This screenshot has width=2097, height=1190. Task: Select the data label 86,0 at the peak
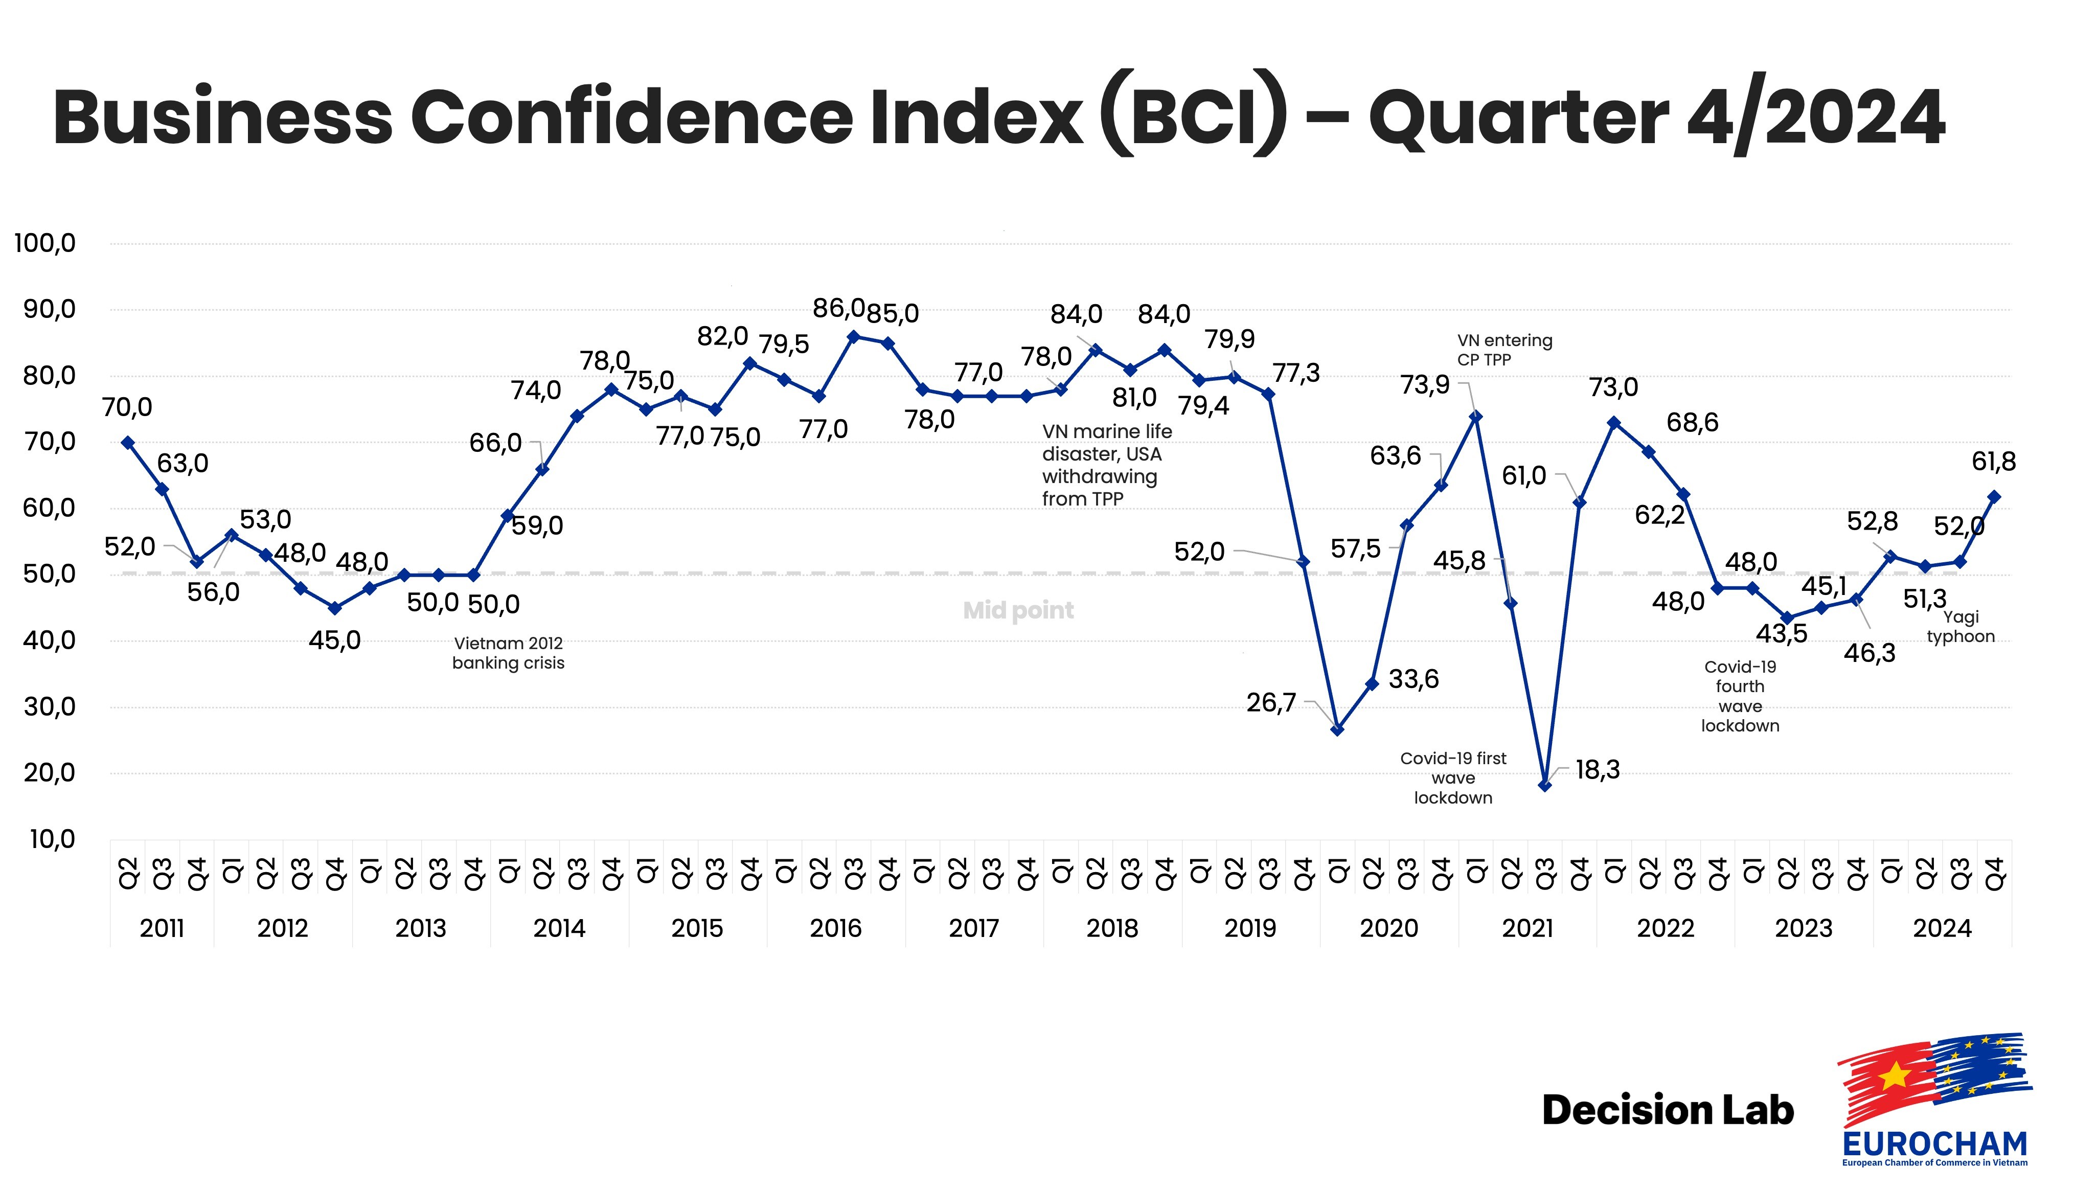(838, 308)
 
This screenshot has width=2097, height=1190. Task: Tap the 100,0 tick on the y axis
(45, 243)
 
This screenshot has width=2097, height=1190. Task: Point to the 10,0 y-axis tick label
(52, 839)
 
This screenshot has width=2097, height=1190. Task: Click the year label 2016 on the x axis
(835, 928)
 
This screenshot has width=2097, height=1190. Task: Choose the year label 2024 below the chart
(1942, 928)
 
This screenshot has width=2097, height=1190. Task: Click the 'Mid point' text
(1018, 610)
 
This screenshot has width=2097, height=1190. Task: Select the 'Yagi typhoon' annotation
(1961, 627)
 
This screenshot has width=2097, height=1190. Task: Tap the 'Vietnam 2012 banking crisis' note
(508, 653)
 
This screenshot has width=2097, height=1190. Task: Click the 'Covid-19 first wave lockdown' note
(1453, 778)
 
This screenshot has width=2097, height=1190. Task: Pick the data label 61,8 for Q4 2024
(1993, 462)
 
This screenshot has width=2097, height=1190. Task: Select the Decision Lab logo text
(1667, 1110)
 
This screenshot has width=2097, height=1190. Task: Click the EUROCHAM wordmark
(1934, 1143)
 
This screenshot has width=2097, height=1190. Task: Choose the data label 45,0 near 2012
(334, 640)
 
